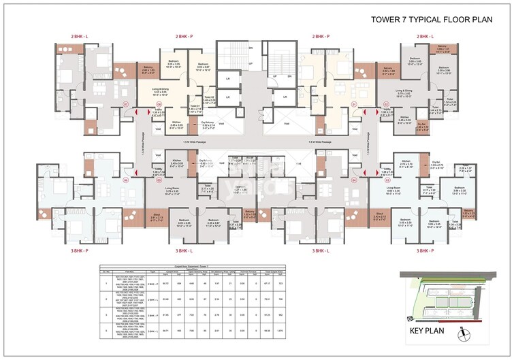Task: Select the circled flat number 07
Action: click(125, 104)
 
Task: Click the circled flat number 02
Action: click(386, 104)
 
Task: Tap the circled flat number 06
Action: click(125, 181)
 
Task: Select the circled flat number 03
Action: click(386, 181)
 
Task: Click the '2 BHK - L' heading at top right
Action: click(423, 35)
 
